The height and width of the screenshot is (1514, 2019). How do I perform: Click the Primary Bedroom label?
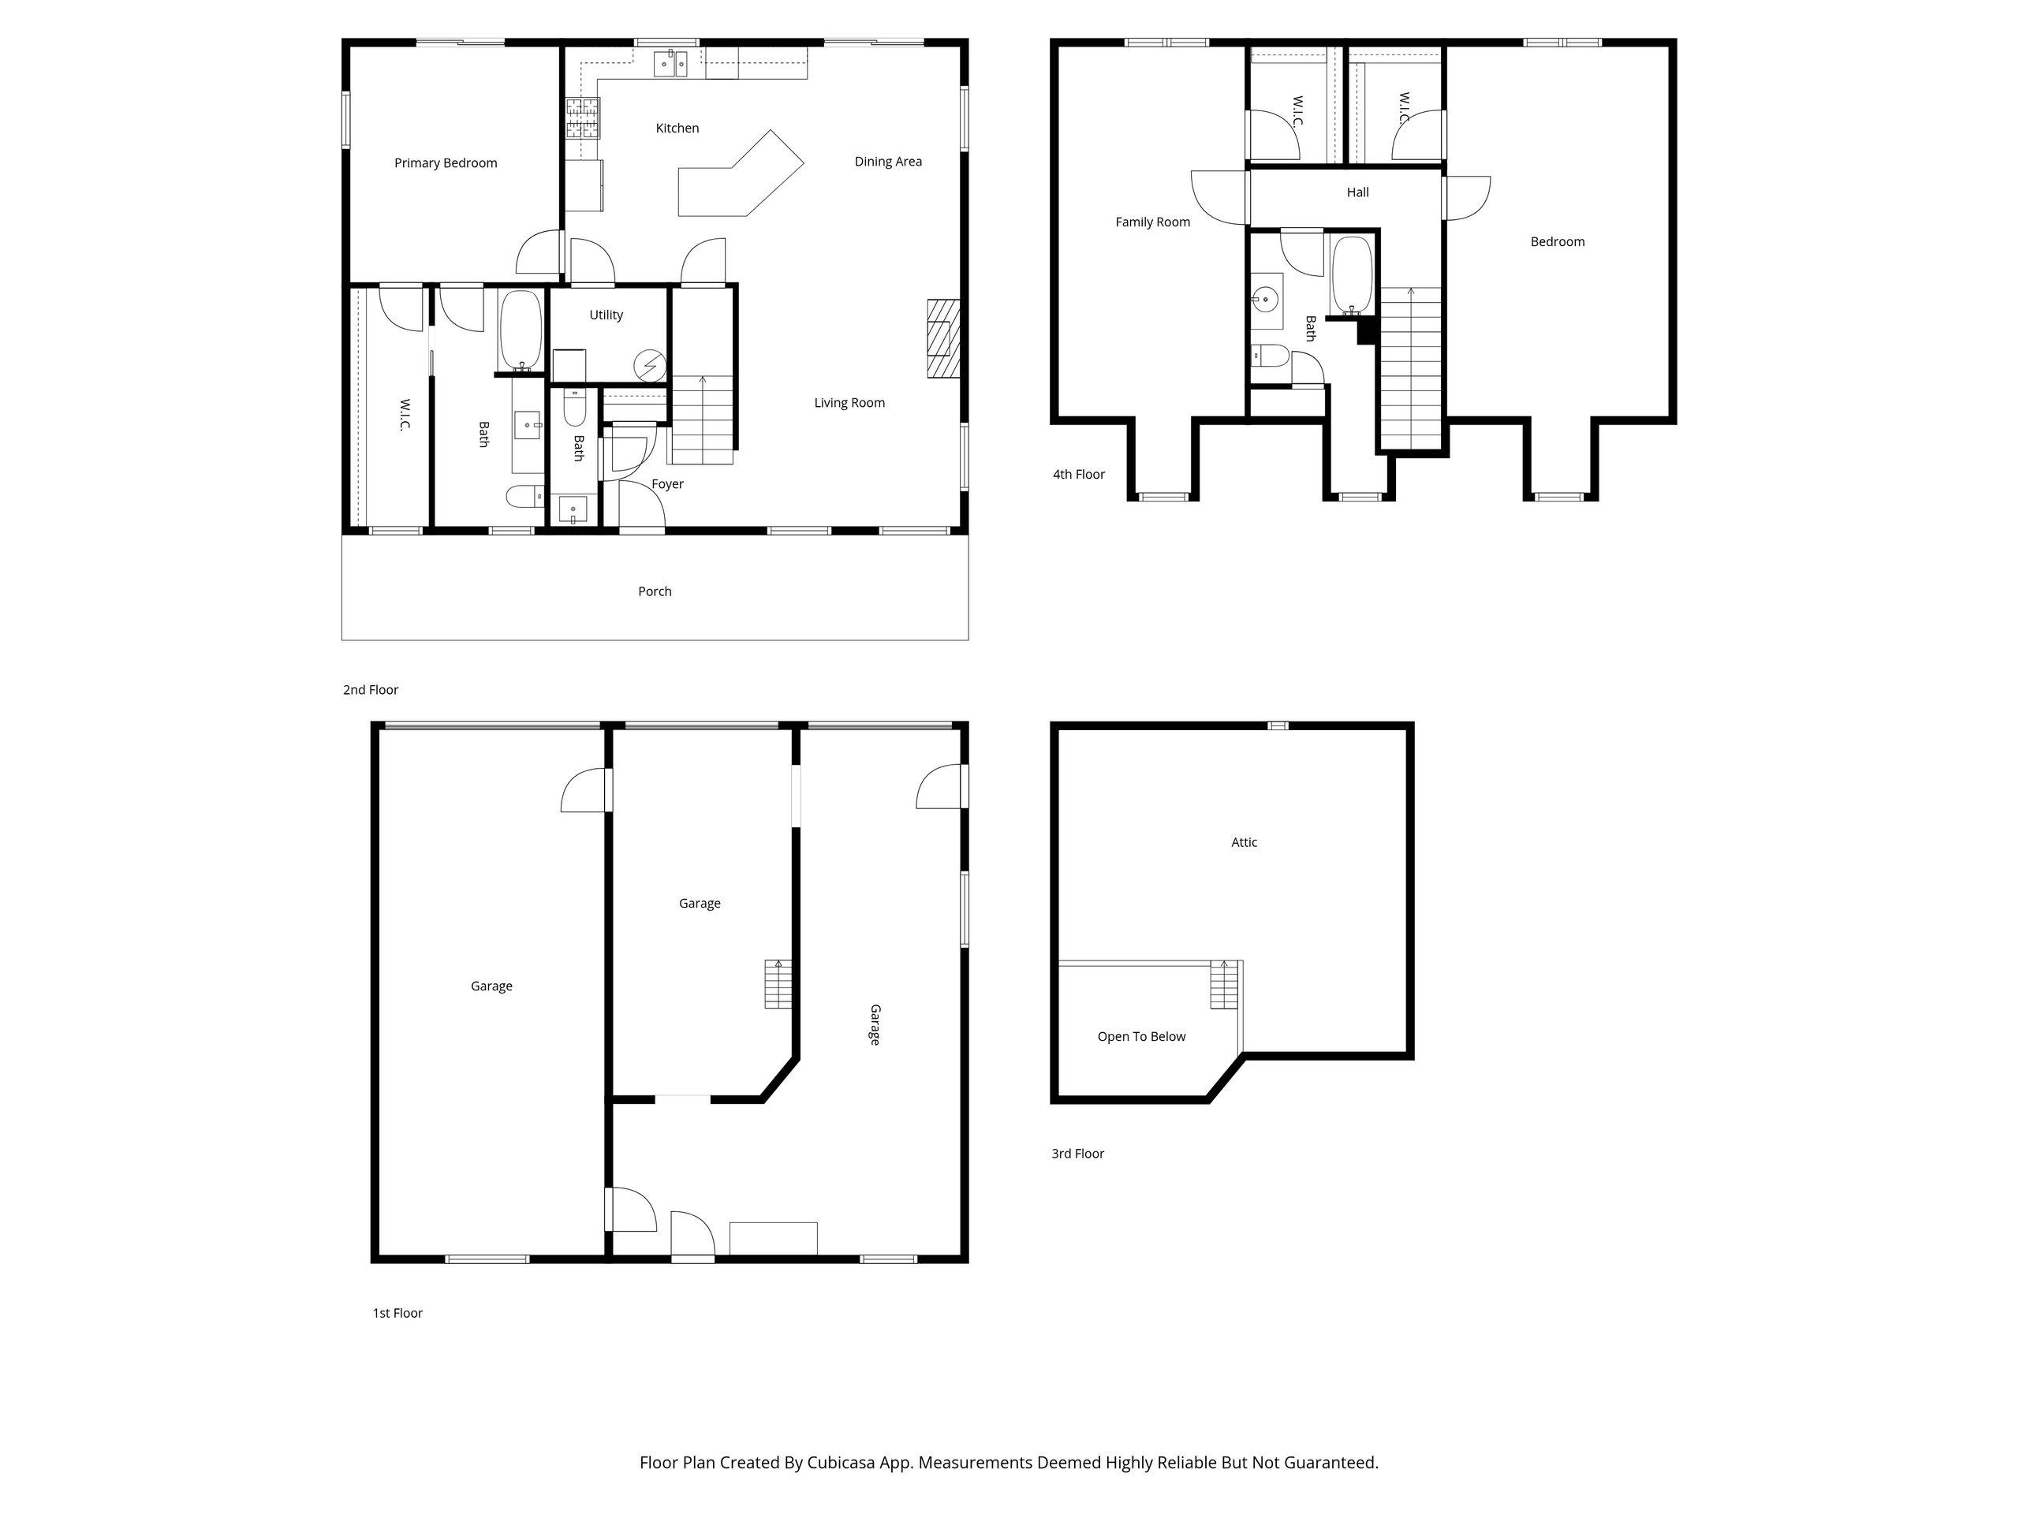(x=446, y=163)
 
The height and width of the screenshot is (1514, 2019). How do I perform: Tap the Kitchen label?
(x=677, y=129)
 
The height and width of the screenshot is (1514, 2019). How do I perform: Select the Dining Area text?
(x=888, y=162)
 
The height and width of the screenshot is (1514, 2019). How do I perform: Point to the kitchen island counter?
(x=741, y=173)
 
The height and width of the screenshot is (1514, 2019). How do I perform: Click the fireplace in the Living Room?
(x=944, y=338)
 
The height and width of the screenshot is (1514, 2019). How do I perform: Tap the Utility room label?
(x=606, y=315)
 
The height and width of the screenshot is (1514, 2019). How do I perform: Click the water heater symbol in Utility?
(x=650, y=366)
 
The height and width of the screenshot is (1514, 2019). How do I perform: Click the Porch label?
(x=655, y=591)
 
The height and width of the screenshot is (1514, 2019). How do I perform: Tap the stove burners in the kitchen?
(x=584, y=117)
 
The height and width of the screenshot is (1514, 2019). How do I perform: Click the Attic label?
(x=1244, y=842)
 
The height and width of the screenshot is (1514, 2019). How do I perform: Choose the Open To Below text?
(x=1141, y=1037)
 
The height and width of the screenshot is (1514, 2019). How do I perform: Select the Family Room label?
(x=1153, y=222)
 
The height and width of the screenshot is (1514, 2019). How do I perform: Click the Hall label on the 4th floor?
(x=1357, y=192)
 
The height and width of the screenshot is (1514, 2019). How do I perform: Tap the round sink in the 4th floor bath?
(x=1266, y=298)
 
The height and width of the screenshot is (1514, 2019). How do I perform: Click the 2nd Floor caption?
(x=371, y=690)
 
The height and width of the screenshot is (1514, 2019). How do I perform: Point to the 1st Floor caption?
(x=397, y=1313)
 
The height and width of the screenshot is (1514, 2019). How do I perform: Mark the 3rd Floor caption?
(x=1078, y=1154)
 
